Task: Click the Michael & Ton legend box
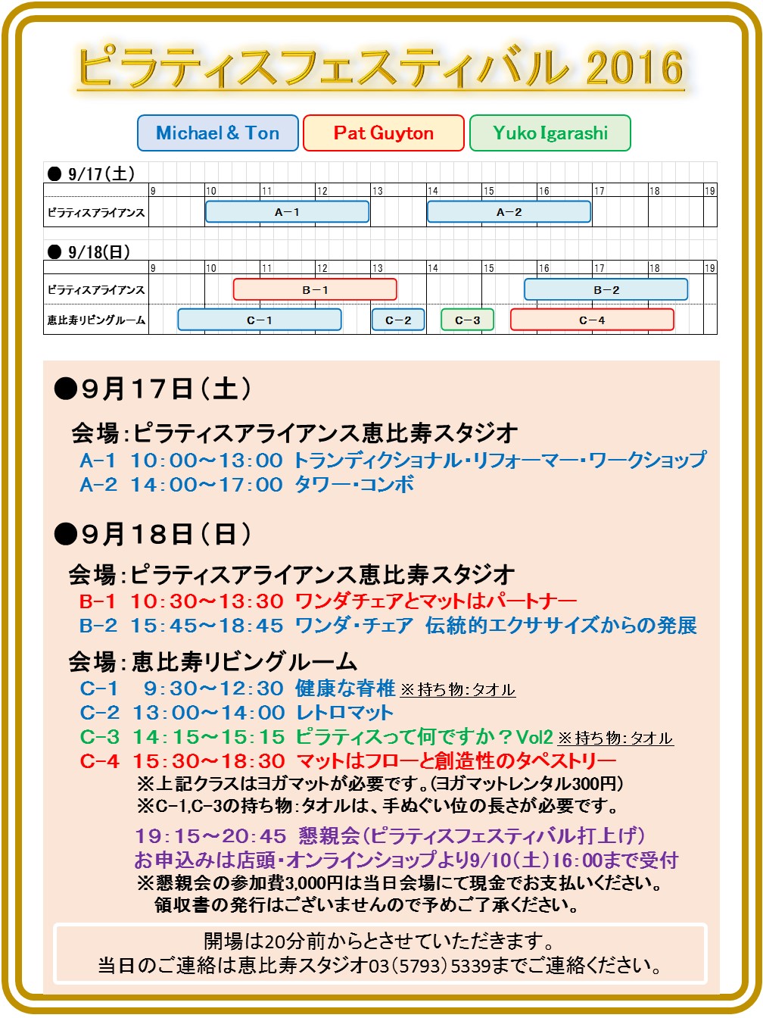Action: pos(218,133)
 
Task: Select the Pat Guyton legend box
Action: pos(383,133)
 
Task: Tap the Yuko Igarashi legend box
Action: pos(550,133)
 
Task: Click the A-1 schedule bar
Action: pos(287,212)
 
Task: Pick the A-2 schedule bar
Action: pos(509,212)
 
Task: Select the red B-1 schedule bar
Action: pos(315,289)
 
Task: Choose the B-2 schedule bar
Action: pos(606,289)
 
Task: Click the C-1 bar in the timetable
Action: pos(260,320)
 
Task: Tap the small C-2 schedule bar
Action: pos(398,320)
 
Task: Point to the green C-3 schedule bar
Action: pos(467,320)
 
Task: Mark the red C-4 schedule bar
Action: pos(592,320)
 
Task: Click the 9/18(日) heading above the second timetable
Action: pos(98,252)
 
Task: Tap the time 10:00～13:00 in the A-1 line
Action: pos(206,461)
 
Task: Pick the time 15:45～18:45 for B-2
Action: pos(207,626)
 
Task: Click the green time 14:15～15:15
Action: pos(209,737)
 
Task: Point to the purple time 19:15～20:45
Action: pos(210,836)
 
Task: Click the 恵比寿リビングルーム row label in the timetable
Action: pos(96,320)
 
